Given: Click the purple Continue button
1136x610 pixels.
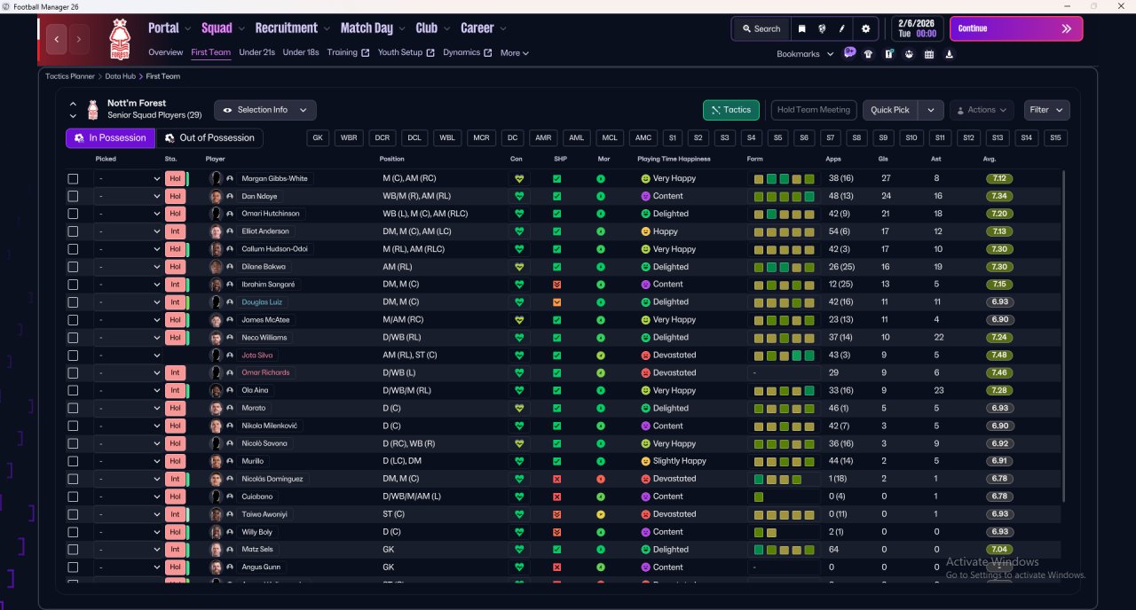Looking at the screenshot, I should [1015, 28].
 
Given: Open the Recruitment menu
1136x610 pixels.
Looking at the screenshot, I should [286, 28].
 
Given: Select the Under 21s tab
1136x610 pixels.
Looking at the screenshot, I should [256, 52].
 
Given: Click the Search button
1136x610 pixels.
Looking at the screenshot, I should [761, 28].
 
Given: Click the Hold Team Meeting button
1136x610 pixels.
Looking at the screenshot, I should [813, 110].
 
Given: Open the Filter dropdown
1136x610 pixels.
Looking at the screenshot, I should [1046, 110].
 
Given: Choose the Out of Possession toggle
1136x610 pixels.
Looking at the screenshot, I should [209, 138].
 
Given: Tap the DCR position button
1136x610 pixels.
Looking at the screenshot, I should [382, 138].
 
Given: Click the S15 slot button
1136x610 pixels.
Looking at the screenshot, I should [1054, 138].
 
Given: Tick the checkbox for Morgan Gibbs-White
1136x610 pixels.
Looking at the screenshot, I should [73, 178].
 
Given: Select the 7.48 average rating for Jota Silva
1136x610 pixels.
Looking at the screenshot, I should [1000, 356].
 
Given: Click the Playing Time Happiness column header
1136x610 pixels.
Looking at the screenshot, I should [674, 159].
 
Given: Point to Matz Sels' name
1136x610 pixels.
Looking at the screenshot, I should [257, 550].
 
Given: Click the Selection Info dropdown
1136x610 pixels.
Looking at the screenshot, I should [264, 110].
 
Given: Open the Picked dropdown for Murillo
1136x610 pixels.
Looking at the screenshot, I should [129, 461].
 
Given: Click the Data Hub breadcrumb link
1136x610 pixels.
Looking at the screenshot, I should [120, 76].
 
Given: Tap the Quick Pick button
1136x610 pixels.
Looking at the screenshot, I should [889, 110].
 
